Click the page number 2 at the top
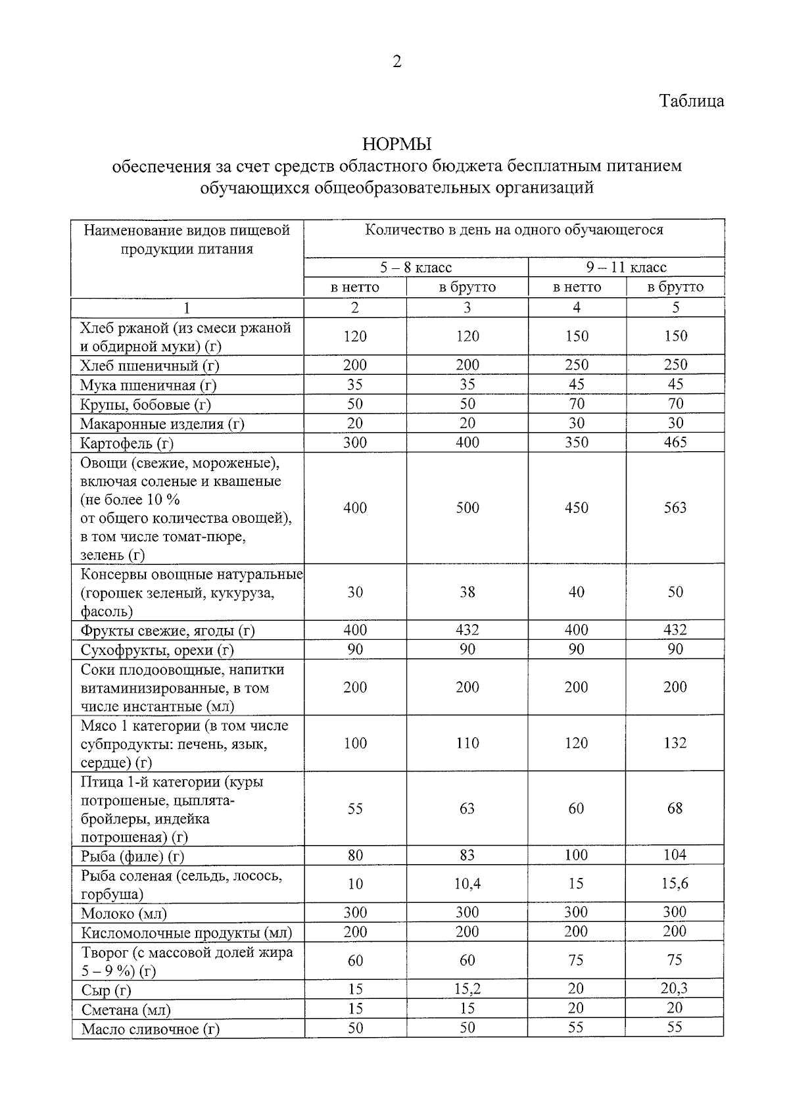click(396, 62)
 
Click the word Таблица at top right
click(692, 101)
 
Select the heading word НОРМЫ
click(396, 144)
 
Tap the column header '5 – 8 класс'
click(416, 268)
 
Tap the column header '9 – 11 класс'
click(626, 268)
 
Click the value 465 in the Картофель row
click(675, 442)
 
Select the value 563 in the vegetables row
click(675, 508)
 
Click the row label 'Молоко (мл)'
click(124, 913)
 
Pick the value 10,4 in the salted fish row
click(467, 884)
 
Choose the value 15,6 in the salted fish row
click(675, 884)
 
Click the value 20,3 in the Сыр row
click(675, 988)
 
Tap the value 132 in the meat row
click(675, 743)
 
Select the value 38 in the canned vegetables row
click(467, 592)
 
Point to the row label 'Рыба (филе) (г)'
click(132, 856)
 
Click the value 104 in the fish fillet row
click(675, 855)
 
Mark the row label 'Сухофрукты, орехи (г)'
click(157, 650)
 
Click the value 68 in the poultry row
click(675, 808)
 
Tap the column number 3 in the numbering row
click(467, 308)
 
